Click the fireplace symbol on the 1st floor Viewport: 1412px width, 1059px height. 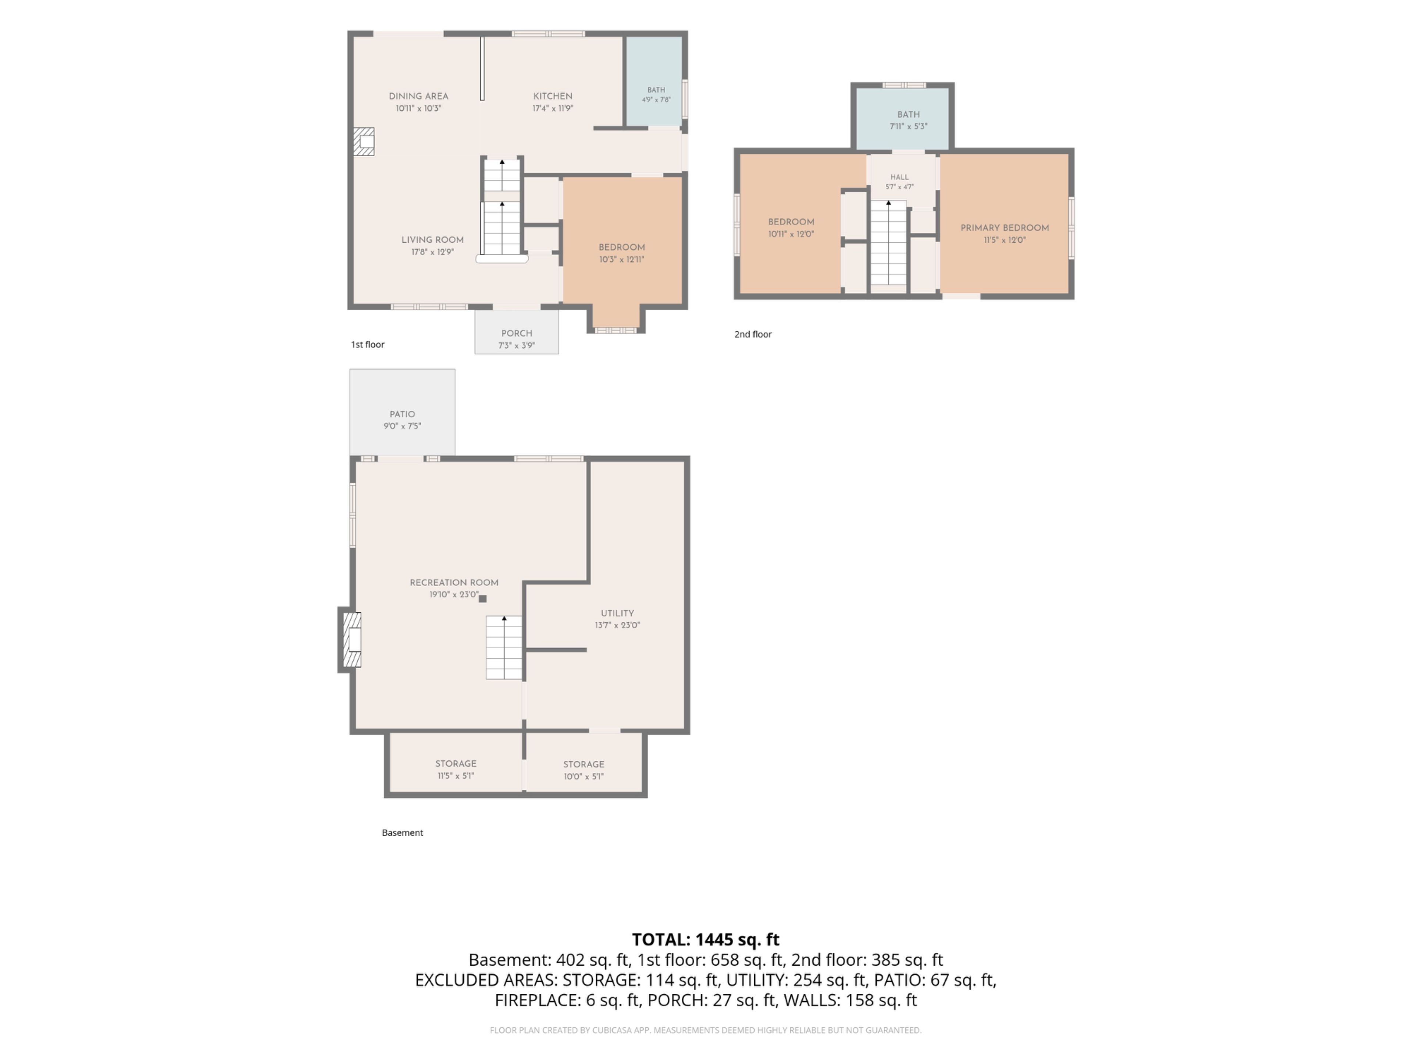tap(364, 141)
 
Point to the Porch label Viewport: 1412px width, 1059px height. tap(516, 333)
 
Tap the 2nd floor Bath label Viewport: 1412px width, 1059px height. tap(908, 115)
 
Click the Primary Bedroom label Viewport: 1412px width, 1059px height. tap(1005, 228)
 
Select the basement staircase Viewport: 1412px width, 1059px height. tap(504, 647)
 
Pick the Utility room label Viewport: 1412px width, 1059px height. tap(617, 613)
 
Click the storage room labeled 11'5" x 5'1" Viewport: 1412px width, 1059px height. tap(456, 763)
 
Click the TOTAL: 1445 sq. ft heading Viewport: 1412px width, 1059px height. tap(705, 939)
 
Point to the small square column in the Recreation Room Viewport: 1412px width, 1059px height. tap(482, 599)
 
